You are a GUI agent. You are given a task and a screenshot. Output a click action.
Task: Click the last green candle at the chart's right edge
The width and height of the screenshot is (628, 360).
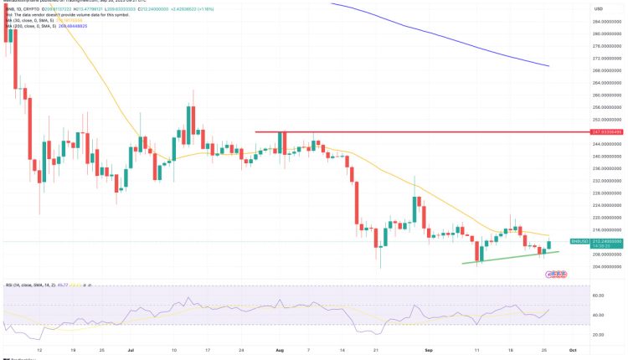549,244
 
